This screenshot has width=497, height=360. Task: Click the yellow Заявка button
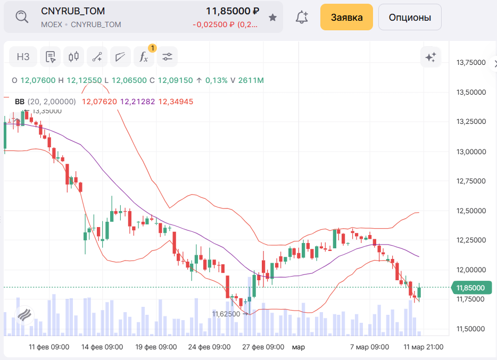point(346,17)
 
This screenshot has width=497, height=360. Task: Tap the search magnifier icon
point(22,17)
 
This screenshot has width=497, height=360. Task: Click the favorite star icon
point(273,18)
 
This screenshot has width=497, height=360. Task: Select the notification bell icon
point(302,17)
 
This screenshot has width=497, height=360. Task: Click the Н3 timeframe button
point(23,57)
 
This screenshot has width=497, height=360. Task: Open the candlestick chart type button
point(74,57)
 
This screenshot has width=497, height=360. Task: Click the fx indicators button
point(144,57)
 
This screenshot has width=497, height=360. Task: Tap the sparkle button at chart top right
point(430,57)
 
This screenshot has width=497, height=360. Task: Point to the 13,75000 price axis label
point(471,63)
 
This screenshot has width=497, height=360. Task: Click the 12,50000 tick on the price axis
point(471,211)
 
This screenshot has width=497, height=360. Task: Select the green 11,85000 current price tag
point(471,288)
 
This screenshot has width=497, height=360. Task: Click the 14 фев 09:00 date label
point(102,347)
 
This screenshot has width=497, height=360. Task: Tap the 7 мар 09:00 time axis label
point(369,347)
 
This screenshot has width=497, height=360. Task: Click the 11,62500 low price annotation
point(226,314)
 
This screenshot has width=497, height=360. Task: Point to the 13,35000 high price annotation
point(47,111)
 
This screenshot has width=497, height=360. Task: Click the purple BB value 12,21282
point(138,102)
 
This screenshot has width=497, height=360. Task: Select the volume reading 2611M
point(251,80)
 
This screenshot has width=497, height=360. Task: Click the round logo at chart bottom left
point(24,315)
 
